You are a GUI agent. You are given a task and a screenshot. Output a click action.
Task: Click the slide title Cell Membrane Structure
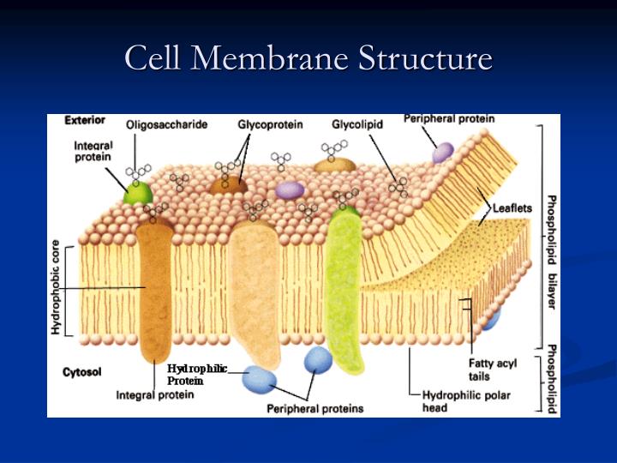(308, 59)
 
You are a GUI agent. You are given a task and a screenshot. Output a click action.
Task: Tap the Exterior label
(85, 121)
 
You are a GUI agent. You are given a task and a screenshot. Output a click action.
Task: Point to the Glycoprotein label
(271, 125)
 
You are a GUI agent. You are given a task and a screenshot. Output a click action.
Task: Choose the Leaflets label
(512, 207)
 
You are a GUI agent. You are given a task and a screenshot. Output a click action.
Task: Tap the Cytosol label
(82, 373)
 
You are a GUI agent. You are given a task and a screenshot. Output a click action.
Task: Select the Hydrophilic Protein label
(196, 375)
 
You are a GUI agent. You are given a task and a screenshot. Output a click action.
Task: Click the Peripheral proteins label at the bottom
(314, 408)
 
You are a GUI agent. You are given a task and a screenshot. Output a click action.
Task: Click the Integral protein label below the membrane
(155, 395)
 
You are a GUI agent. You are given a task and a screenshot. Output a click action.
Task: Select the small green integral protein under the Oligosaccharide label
(136, 192)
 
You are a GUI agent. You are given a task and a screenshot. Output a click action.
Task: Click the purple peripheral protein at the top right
(443, 153)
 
